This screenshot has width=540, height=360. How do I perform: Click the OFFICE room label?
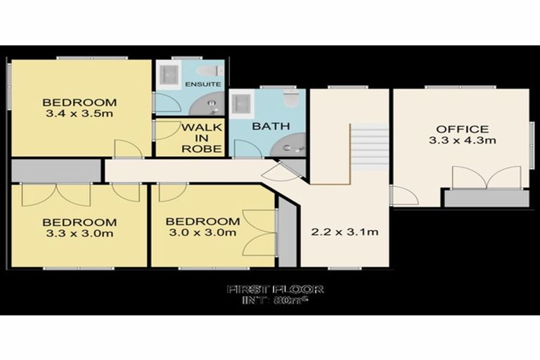462,129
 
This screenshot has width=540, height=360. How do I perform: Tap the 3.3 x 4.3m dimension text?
462,141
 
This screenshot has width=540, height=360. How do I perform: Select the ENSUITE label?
202,84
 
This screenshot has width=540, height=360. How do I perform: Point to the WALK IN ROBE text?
202,139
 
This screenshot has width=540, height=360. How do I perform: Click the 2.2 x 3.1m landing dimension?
345,231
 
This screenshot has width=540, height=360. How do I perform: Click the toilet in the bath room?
290,99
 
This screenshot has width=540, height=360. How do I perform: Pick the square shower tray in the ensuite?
169,72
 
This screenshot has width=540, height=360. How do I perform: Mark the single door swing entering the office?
403,195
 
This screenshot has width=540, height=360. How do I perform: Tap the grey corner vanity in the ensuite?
210,105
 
